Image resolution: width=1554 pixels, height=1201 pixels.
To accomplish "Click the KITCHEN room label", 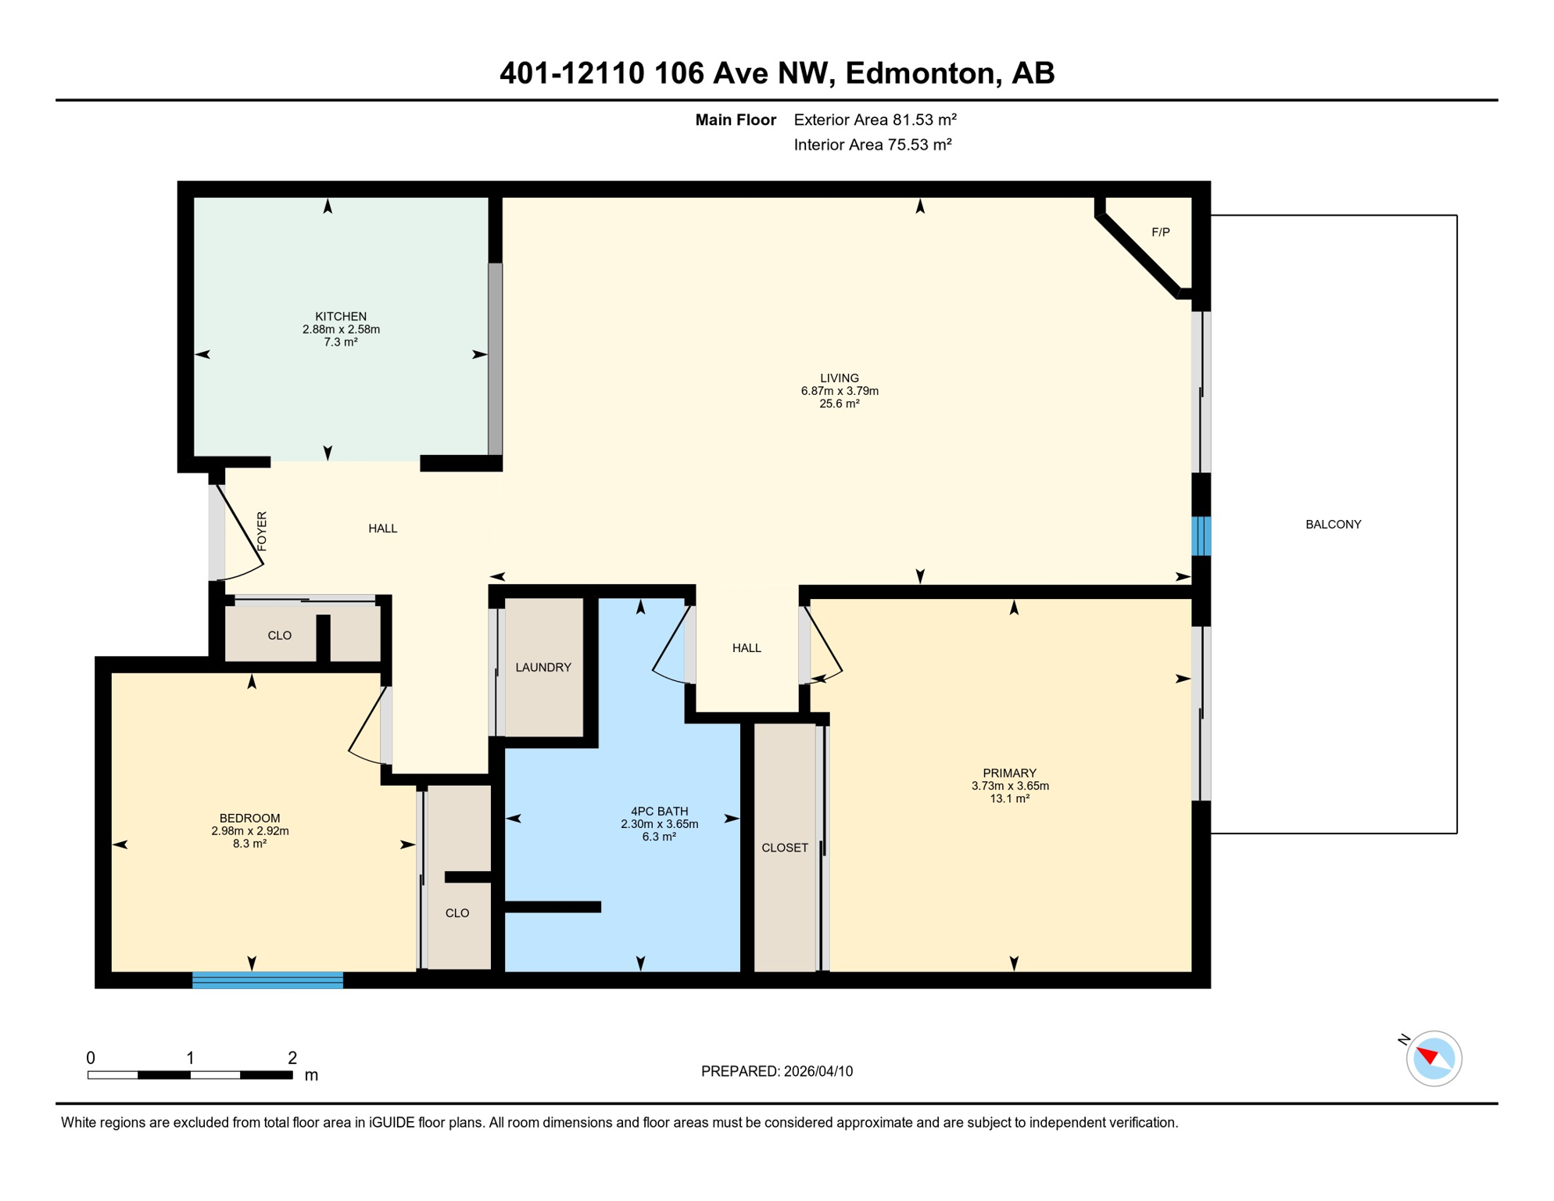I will click(x=340, y=317).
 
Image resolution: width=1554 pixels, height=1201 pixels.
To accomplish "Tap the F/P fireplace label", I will click(x=1160, y=232).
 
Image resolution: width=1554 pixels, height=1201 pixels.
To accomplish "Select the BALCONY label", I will click(x=1333, y=525).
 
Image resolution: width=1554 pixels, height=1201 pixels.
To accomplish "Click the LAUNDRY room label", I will click(x=543, y=668).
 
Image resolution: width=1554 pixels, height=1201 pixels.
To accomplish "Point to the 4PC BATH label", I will click(x=659, y=812).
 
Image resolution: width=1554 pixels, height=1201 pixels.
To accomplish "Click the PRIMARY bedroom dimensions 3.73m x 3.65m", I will click(x=1010, y=786).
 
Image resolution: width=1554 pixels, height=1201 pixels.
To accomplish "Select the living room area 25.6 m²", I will click(x=840, y=404).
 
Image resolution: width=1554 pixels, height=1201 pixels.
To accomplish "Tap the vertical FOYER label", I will click(x=262, y=531).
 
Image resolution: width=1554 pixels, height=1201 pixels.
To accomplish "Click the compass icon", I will click(x=1434, y=1059).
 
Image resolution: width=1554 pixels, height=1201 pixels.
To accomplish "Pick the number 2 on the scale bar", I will click(x=292, y=1058).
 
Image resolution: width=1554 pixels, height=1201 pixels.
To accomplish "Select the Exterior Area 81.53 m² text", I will click(x=875, y=120).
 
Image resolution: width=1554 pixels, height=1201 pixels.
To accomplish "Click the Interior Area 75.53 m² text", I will click(x=872, y=145).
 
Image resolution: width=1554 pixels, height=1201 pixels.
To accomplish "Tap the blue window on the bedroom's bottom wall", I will click(x=267, y=980).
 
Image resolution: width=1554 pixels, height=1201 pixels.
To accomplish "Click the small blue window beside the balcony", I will click(x=1201, y=536).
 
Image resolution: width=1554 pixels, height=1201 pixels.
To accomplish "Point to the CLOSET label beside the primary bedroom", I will click(x=785, y=848).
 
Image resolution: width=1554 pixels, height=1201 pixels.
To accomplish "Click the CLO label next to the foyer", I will click(x=279, y=636).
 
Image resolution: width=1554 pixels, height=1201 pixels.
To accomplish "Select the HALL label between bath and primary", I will click(x=747, y=648).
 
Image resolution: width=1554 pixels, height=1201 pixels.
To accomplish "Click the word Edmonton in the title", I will click(x=920, y=73).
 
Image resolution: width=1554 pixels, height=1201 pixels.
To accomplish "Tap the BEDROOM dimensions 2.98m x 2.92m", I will click(x=249, y=831).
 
